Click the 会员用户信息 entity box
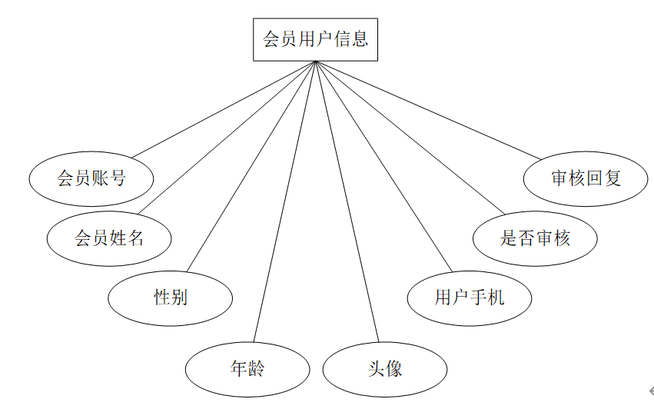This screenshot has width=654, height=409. [315, 39]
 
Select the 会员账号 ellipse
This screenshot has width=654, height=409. [91, 178]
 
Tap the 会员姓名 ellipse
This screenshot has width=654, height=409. [109, 238]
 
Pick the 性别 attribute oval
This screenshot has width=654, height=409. [170, 298]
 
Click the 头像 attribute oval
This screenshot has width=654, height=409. [384, 369]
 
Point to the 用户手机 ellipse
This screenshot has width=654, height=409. [469, 298]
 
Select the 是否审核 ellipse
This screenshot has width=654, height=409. [535, 238]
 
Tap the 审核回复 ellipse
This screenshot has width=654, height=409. [586, 178]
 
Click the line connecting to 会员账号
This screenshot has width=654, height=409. [223, 109]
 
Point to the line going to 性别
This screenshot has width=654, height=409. [250, 166]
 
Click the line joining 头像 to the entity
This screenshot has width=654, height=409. [347, 202]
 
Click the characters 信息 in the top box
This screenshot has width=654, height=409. [350, 39]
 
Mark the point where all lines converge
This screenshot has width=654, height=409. [315, 62]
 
